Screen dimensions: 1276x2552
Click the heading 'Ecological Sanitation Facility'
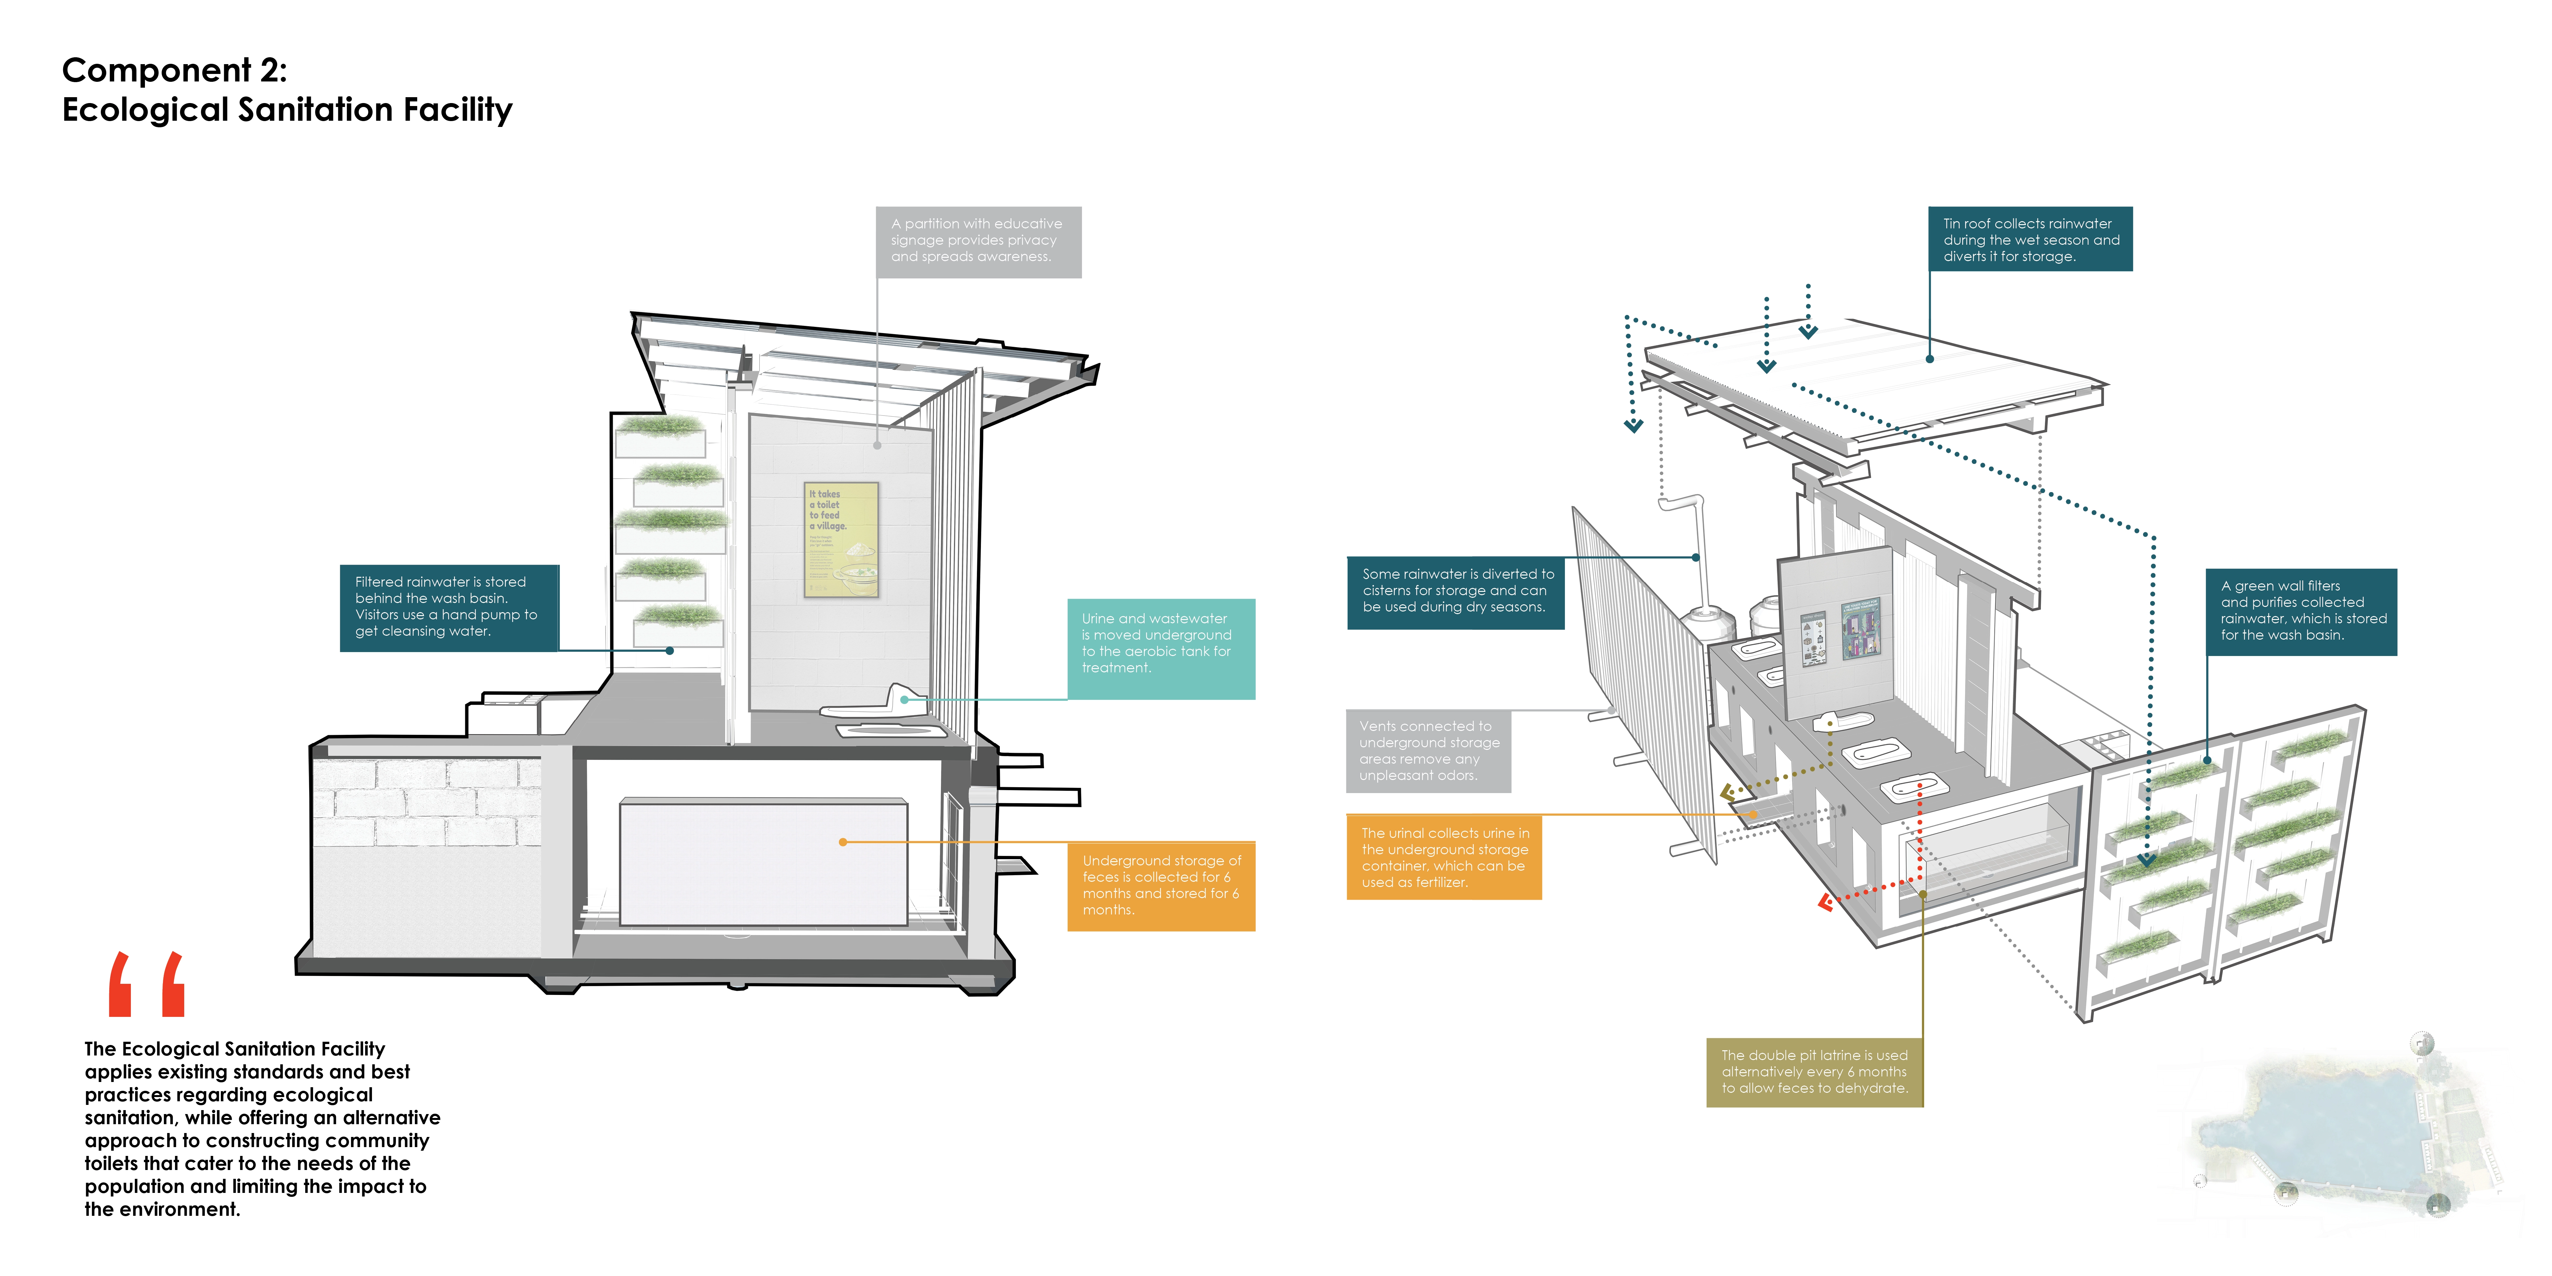[287, 110]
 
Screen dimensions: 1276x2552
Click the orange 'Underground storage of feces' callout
[1160, 886]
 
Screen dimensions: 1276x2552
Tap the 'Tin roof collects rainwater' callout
[2030, 239]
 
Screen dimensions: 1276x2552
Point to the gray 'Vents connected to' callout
[1427, 751]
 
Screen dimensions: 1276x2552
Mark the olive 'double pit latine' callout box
[1814, 1072]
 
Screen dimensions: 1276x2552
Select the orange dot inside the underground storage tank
[843, 842]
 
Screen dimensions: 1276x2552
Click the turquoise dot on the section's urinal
[905, 700]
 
